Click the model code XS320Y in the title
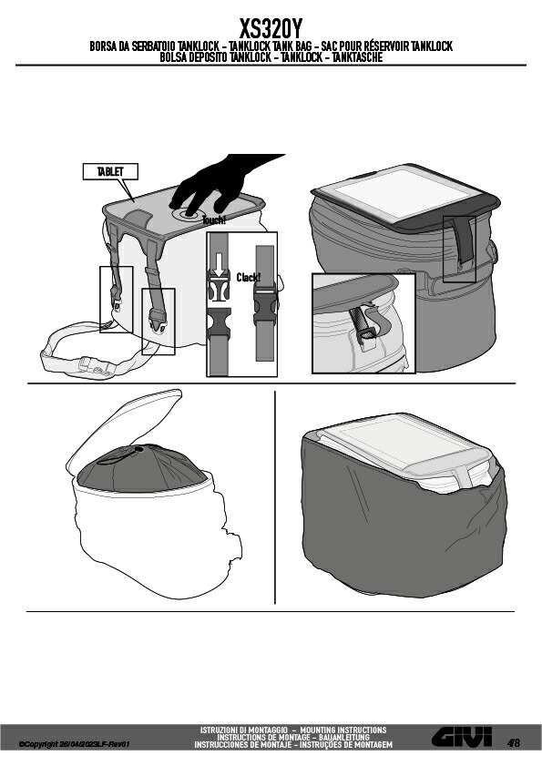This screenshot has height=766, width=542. coord(271,29)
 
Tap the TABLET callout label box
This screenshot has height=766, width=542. coord(110,171)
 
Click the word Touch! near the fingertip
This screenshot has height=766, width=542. coord(214,220)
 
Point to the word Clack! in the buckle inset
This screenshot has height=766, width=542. coord(249,278)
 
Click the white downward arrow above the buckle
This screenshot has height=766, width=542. coord(219,264)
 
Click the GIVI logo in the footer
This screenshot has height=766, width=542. coord(462,736)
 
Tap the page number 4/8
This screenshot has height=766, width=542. coord(514,743)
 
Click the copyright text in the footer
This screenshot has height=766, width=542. coord(75,744)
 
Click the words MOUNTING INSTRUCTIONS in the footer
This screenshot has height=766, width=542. coord(343,730)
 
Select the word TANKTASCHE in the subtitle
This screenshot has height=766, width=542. coord(357,57)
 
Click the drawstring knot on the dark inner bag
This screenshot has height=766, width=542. coord(138,448)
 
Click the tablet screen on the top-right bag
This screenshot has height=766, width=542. coord(403,192)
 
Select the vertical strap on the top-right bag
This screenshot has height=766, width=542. coord(463,240)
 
